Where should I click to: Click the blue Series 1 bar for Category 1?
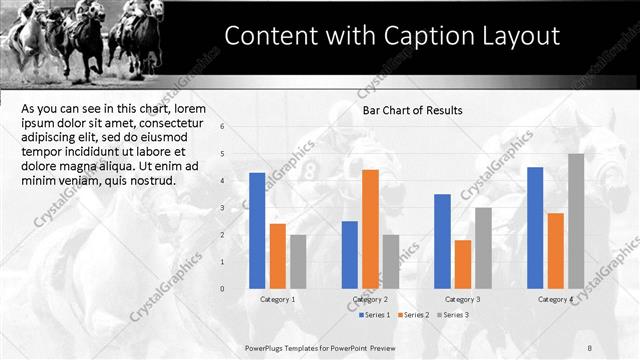coord(257,231)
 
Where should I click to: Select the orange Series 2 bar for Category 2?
coord(370,229)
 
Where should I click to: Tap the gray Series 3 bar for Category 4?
coord(576,221)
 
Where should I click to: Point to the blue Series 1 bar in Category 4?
coord(535,228)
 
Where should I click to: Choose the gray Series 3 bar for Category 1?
coord(298,262)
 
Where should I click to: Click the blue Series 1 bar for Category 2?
coord(350,255)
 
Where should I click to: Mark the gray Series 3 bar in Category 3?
coord(483,248)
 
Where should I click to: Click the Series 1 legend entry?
coord(375,315)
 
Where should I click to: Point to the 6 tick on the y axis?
coord(236,126)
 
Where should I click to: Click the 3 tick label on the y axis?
coord(236,208)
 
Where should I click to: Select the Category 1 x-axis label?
coord(277,299)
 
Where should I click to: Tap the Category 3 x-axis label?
coord(463,299)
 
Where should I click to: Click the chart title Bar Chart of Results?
coord(412,110)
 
